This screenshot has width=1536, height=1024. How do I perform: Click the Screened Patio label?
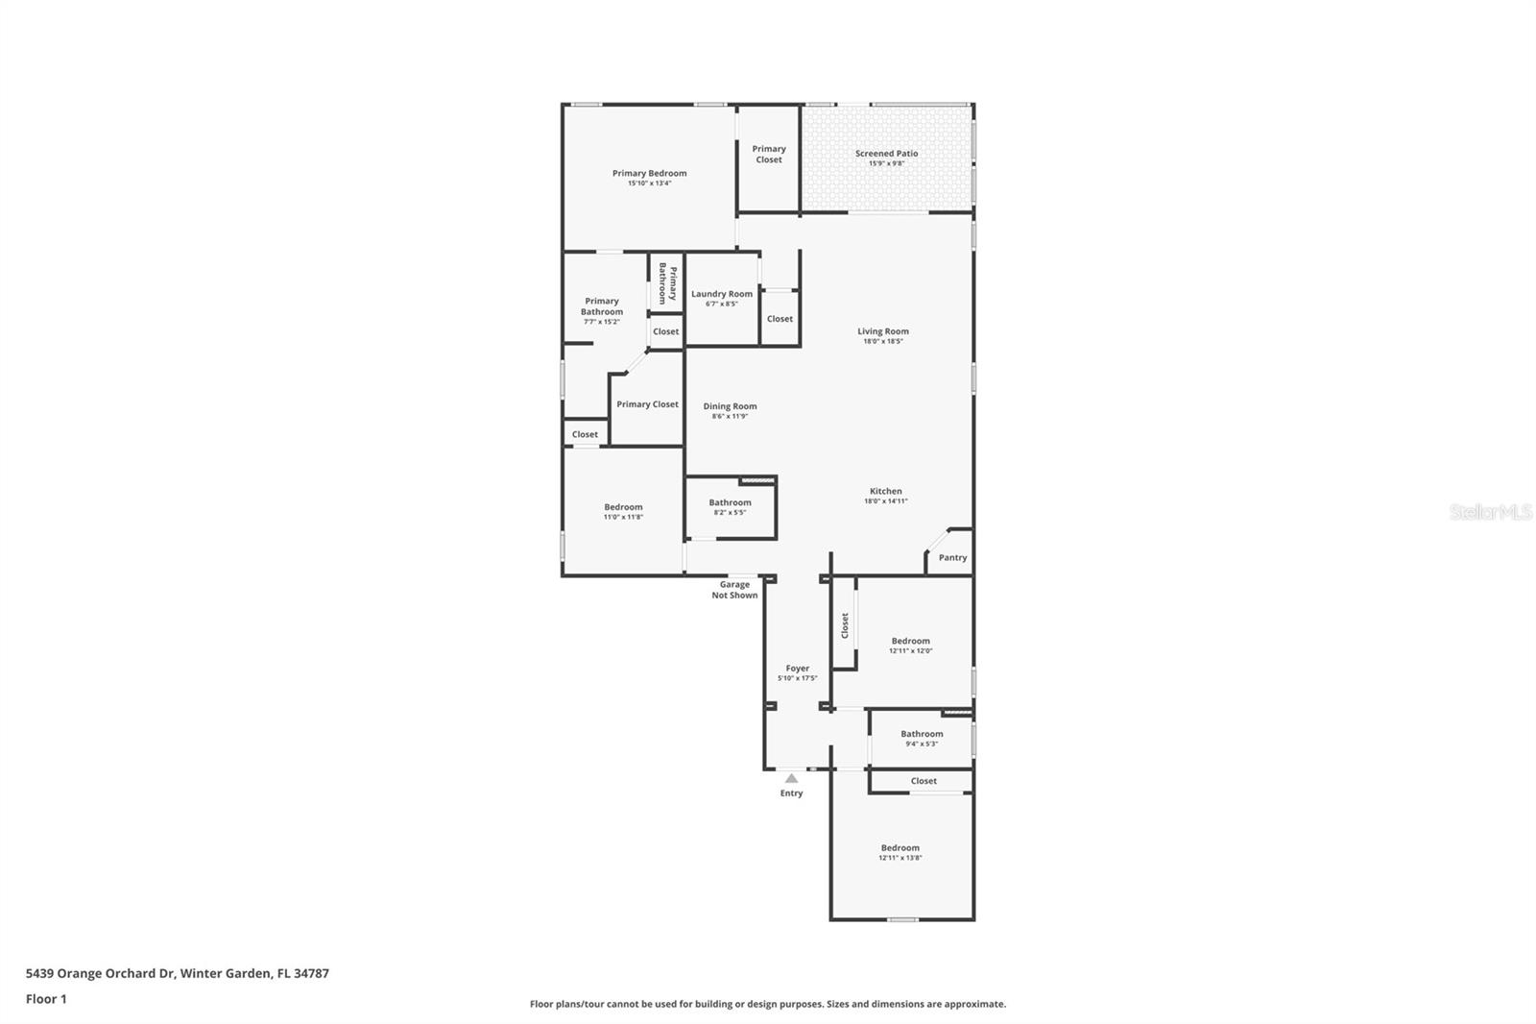click(x=886, y=154)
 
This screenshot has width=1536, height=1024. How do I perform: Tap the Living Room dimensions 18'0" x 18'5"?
click(x=882, y=341)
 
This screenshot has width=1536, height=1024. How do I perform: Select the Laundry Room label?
click(x=722, y=294)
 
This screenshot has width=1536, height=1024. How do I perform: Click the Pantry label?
click(x=952, y=557)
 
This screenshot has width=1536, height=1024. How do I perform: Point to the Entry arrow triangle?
click(x=791, y=778)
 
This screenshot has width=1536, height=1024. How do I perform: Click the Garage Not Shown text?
click(x=734, y=590)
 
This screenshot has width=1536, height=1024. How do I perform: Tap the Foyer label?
click(x=797, y=669)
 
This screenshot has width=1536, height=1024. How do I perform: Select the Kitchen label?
click(x=885, y=491)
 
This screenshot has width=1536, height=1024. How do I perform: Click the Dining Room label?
click(x=730, y=406)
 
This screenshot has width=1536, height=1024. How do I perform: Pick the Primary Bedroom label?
click(x=649, y=174)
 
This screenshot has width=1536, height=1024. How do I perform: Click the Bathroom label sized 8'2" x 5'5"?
click(x=730, y=502)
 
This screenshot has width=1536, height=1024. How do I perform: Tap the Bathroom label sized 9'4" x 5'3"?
click(x=922, y=734)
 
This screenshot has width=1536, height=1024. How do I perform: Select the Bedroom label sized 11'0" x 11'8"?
click(x=623, y=507)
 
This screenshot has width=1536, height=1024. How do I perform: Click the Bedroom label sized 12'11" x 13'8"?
click(x=900, y=848)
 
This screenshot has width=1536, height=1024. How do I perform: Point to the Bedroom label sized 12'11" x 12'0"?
click(x=910, y=641)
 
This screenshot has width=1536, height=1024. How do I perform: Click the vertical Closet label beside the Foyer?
click(x=845, y=625)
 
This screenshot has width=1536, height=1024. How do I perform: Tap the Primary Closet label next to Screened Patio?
click(x=768, y=154)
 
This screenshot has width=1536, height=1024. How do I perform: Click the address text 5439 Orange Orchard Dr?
click(x=177, y=973)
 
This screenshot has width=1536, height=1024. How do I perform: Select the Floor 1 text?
click(x=46, y=999)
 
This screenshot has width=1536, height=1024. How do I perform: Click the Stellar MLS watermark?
click(x=1490, y=513)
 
